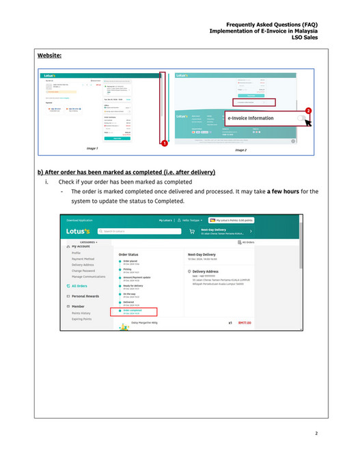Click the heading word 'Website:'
(51, 56)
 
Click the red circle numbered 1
(165, 143)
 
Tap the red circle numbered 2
(307, 111)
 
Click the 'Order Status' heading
(128, 253)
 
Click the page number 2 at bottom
(316, 433)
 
